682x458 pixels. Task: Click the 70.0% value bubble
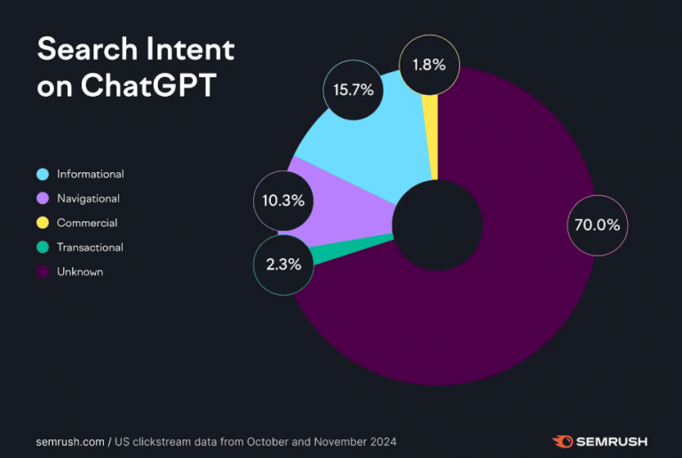(x=597, y=225)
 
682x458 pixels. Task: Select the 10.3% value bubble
(x=284, y=201)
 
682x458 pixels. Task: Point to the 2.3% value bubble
(x=284, y=264)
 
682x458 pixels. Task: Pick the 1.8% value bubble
(x=430, y=65)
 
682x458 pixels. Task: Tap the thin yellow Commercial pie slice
(x=432, y=133)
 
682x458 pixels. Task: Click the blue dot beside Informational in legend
(x=42, y=174)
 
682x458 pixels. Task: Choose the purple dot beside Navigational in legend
(x=42, y=199)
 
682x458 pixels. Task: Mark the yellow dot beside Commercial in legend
(x=42, y=223)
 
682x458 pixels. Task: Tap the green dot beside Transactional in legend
(x=42, y=248)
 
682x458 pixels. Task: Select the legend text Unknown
(x=80, y=272)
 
